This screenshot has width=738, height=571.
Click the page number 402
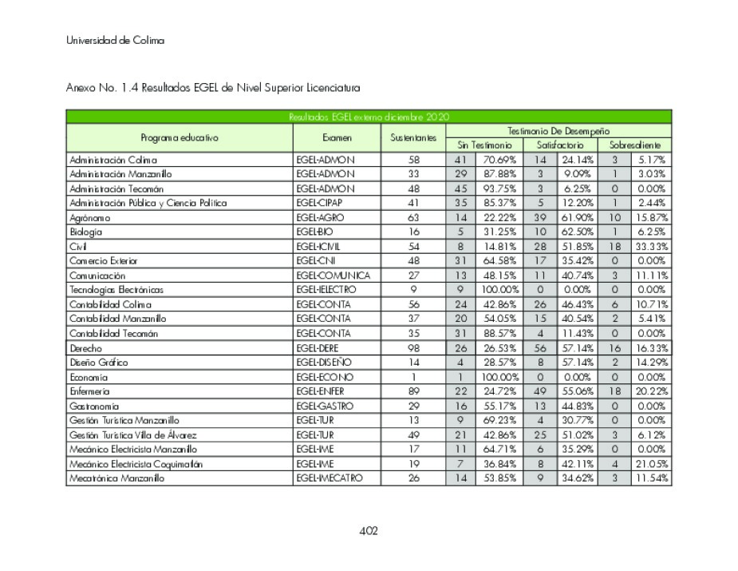click(369, 531)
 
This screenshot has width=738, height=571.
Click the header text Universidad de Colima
click(116, 41)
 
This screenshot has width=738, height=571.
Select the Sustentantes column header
click(412, 138)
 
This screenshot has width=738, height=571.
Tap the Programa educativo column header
click(179, 138)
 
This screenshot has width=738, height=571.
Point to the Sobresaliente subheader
click(636, 145)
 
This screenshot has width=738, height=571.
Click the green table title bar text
click(369, 117)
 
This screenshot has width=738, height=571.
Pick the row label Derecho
click(86, 348)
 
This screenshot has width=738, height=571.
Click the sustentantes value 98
click(412, 348)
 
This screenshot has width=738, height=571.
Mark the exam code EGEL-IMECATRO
click(330, 478)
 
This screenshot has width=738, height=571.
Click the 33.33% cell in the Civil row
click(651, 246)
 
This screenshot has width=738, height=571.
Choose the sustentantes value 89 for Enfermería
click(412, 391)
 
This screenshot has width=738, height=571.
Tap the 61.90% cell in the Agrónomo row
click(574, 217)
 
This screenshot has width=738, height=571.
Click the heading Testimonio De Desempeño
click(558, 131)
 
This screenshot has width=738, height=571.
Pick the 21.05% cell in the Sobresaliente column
click(651, 464)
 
